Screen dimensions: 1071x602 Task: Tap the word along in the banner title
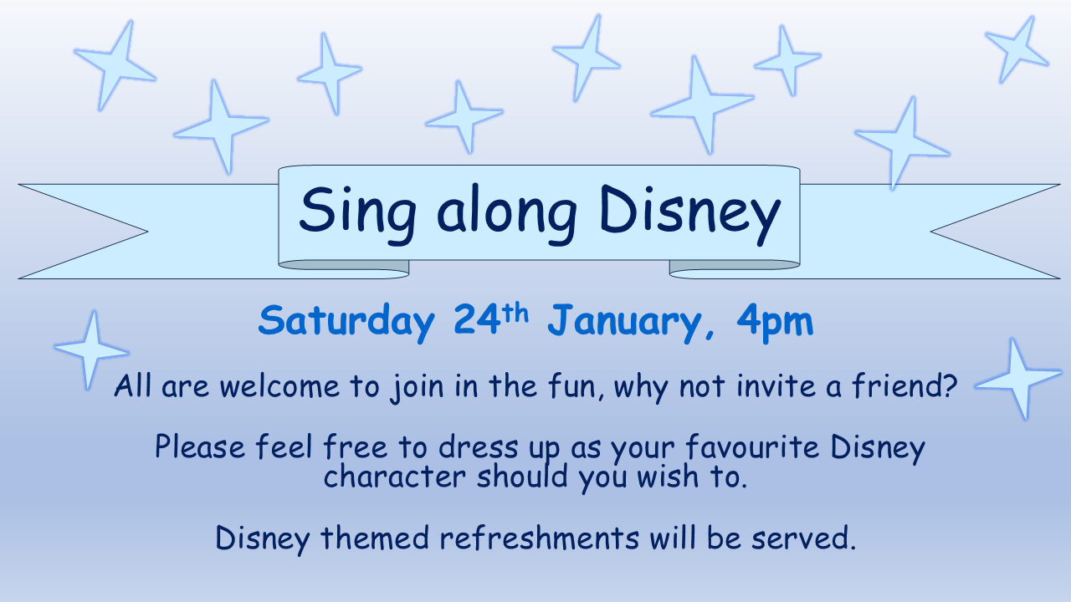[507, 215]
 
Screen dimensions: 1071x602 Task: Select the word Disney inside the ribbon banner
[690, 215]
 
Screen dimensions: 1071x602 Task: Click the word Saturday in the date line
[346, 322]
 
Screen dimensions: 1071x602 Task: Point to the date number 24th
[491, 319]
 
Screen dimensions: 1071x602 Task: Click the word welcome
[279, 385]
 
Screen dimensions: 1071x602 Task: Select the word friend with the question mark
[904, 385]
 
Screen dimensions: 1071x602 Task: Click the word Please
[200, 446]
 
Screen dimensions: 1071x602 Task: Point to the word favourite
[752, 446]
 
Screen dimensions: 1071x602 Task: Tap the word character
[394, 477]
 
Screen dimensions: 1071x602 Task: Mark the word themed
[374, 537]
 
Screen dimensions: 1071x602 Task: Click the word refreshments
[540, 537]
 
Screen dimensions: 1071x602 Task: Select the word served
[803, 538]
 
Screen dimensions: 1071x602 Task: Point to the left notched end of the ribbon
[84, 232]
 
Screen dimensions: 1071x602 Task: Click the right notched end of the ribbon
[995, 232]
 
